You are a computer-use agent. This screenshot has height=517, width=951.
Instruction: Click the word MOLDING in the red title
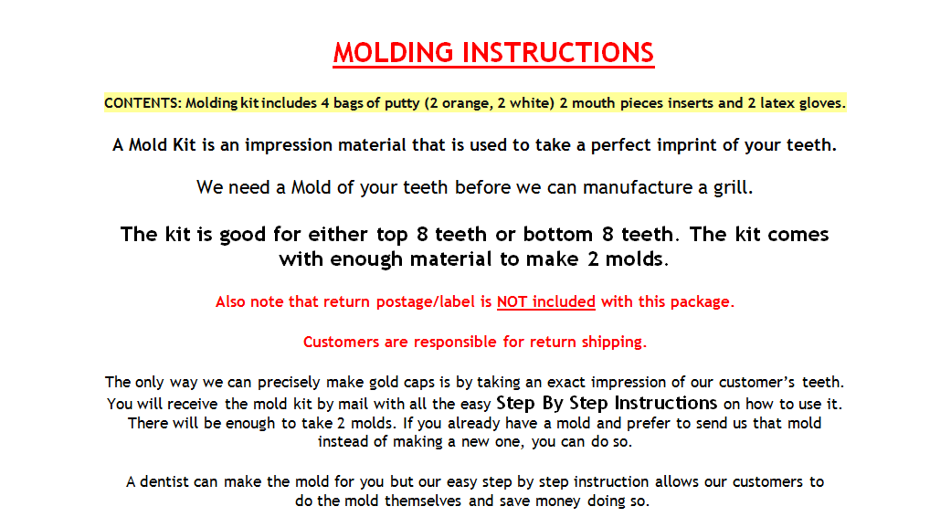click(393, 52)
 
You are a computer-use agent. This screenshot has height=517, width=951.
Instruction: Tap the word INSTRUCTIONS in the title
click(558, 52)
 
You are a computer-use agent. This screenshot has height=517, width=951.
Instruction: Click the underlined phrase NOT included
click(546, 301)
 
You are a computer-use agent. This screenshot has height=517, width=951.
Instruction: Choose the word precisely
click(290, 383)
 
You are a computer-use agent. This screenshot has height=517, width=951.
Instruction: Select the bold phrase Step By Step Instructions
click(607, 403)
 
